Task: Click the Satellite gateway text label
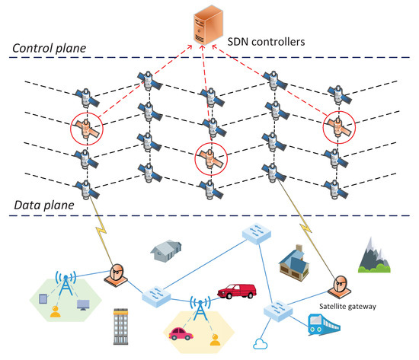(342, 309)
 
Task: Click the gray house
(167, 250)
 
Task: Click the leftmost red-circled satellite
(88, 128)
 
